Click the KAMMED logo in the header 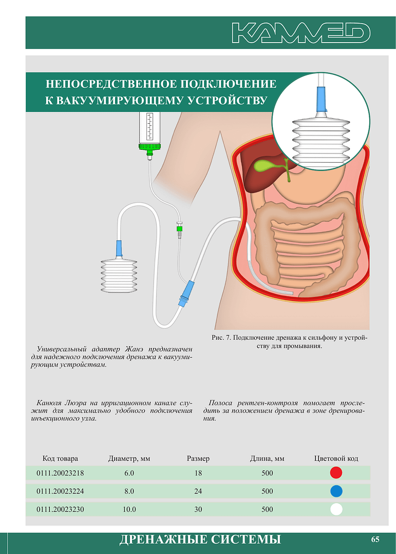(301, 33)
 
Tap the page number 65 (375, 539)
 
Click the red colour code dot (336, 473)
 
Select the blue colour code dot (336, 491)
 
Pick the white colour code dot (336, 509)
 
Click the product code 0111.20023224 (60, 491)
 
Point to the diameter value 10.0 (129, 509)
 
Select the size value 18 (198, 473)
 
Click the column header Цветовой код (336, 459)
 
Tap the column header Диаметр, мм (129, 459)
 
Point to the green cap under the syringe (150, 148)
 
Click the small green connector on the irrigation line (180, 228)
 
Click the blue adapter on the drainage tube (186, 294)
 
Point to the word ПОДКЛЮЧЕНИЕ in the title (229, 84)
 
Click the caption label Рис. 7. (221, 338)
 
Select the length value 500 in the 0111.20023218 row (267, 473)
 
